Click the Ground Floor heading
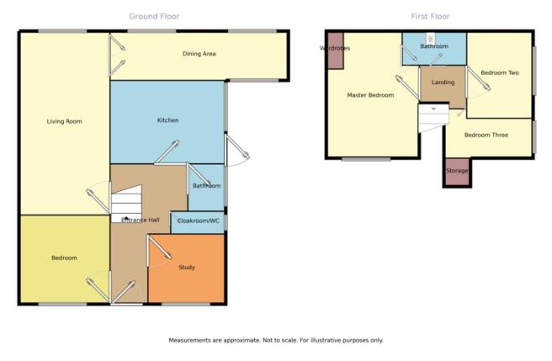click(154, 16)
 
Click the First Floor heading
click(430, 16)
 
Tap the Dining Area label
click(199, 54)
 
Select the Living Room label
click(65, 121)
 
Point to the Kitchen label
click(167, 120)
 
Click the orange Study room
click(186, 268)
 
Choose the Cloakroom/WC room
click(198, 223)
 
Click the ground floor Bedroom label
click(64, 257)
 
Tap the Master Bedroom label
click(370, 95)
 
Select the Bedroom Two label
click(500, 72)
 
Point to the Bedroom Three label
click(486, 135)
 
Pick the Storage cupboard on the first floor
click(457, 172)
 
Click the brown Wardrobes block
click(336, 50)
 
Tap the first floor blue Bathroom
click(434, 49)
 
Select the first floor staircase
click(433, 118)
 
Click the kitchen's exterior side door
click(236, 151)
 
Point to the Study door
click(159, 248)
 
